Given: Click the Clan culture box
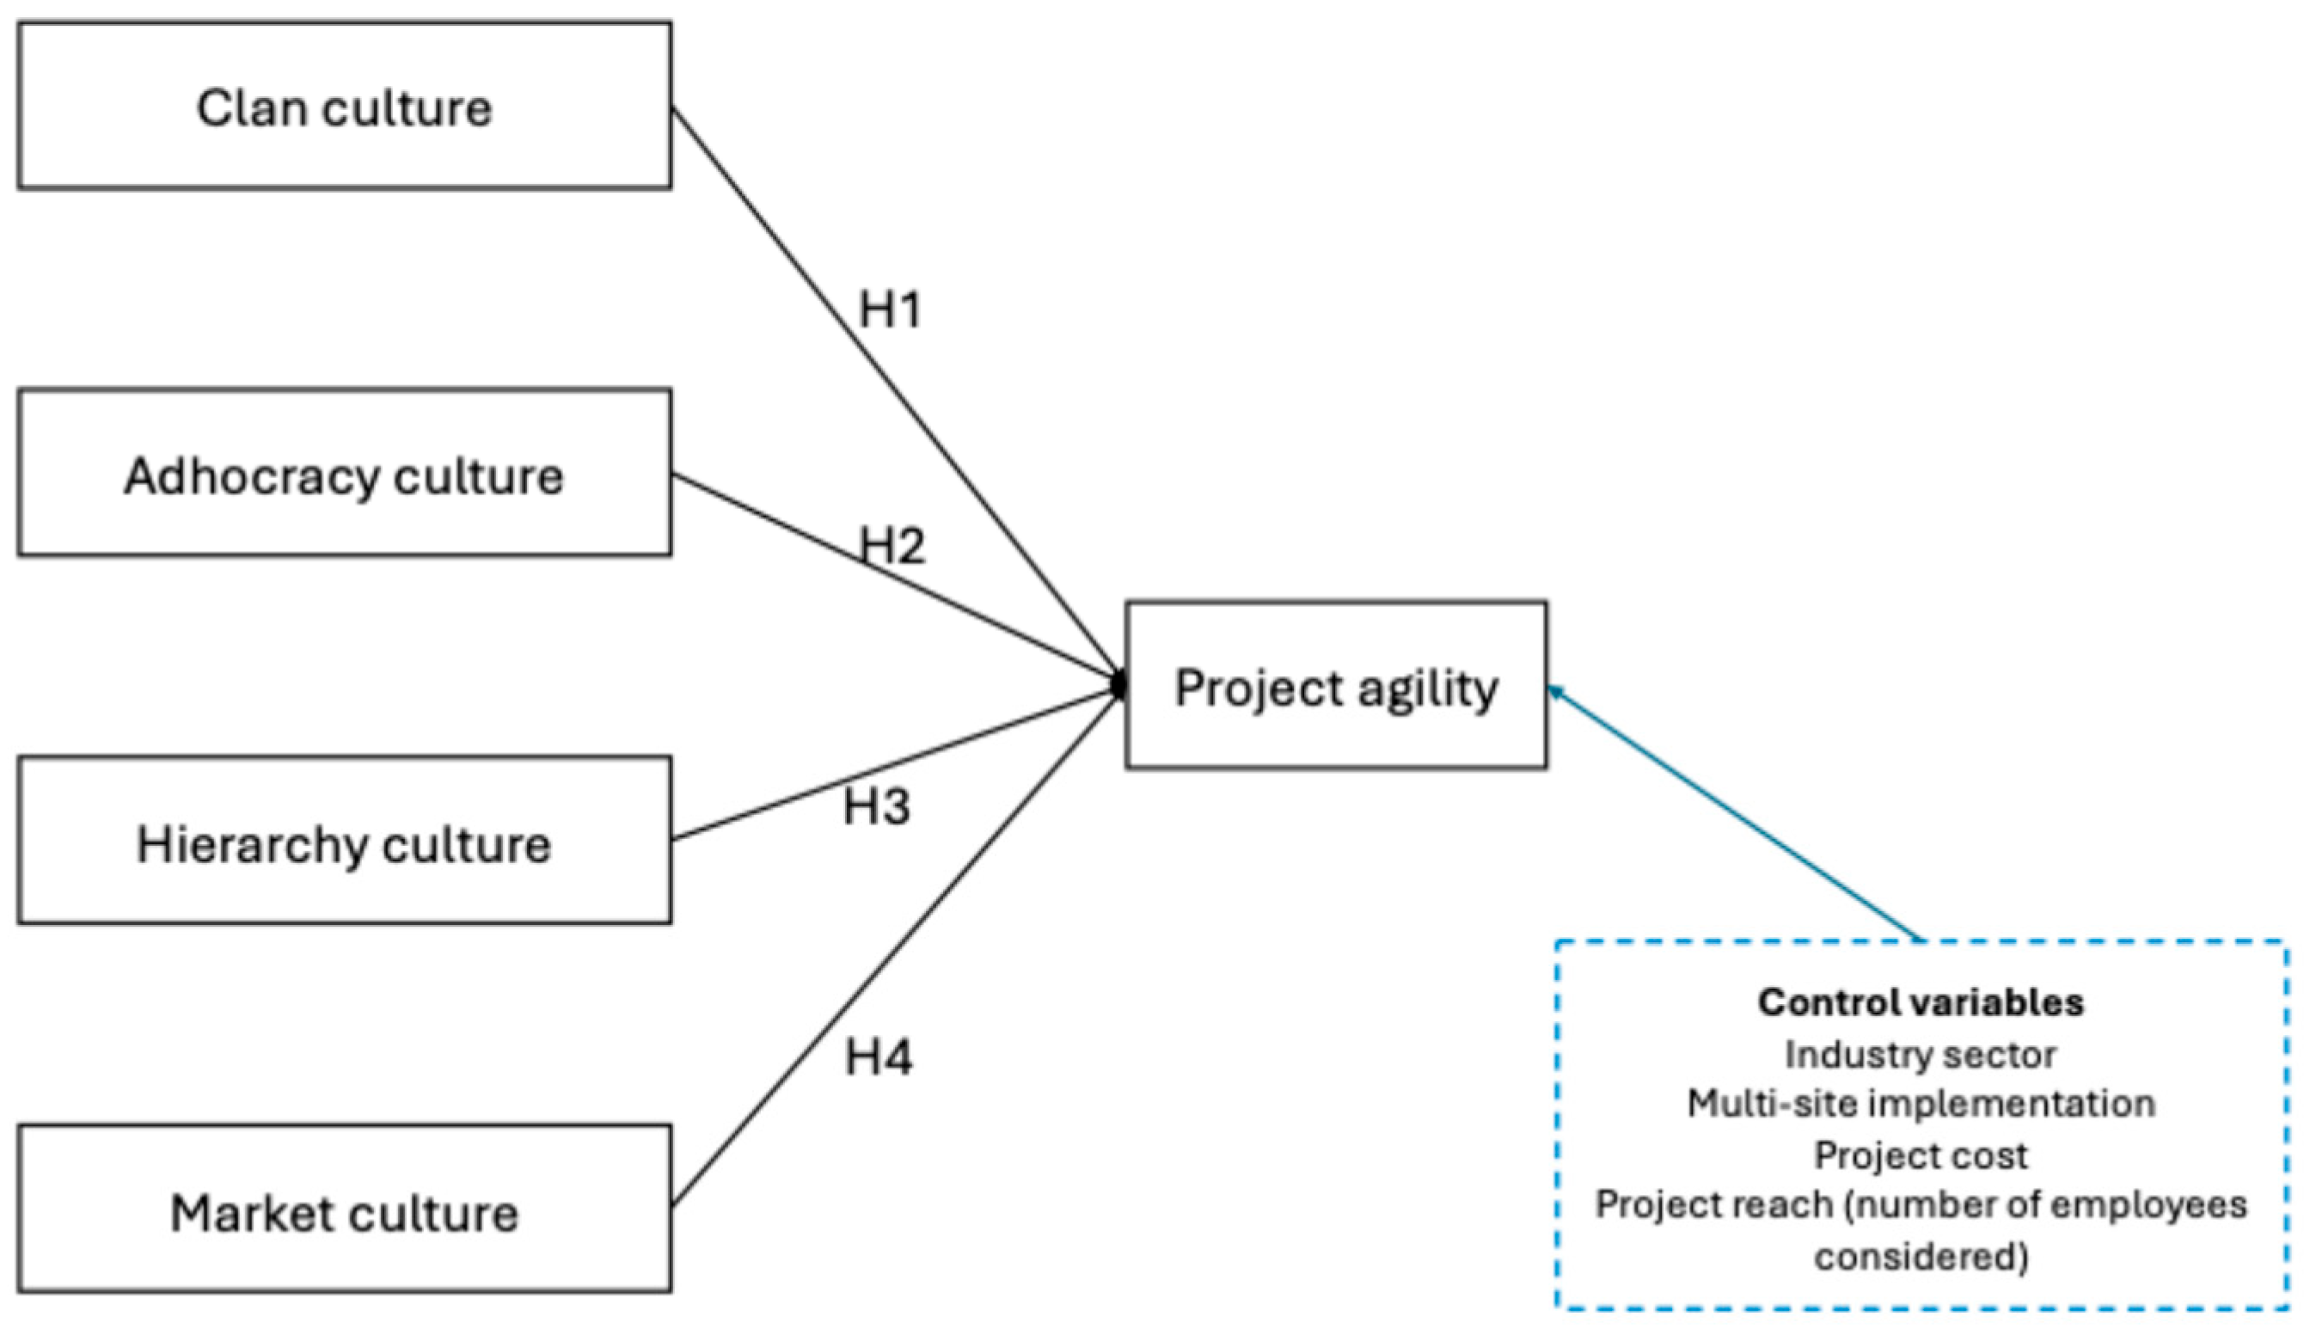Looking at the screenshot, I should click(x=344, y=107).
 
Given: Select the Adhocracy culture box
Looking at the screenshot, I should click(x=344, y=474).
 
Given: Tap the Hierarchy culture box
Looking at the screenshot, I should click(x=344, y=841).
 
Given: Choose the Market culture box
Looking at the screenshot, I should click(x=344, y=1210).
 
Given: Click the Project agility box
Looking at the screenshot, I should click(x=1335, y=685).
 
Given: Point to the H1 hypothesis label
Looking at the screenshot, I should click(x=890, y=310).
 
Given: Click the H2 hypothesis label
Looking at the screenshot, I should click(x=892, y=546).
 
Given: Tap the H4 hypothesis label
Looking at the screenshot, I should click(x=878, y=1057).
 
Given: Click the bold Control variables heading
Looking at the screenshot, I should click(x=1921, y=1002).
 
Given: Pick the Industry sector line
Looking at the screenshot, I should click(x=1921, y=1054).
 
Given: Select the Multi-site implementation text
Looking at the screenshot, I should click(x=1921, y=1104).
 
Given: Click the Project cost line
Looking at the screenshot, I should click(x=1921, y=1155).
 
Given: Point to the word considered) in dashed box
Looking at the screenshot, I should click(x=1921, y=1257).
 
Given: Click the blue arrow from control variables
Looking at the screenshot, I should click(x=1734, y=814).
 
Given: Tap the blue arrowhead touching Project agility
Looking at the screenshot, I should click(x=1555, y=693).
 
